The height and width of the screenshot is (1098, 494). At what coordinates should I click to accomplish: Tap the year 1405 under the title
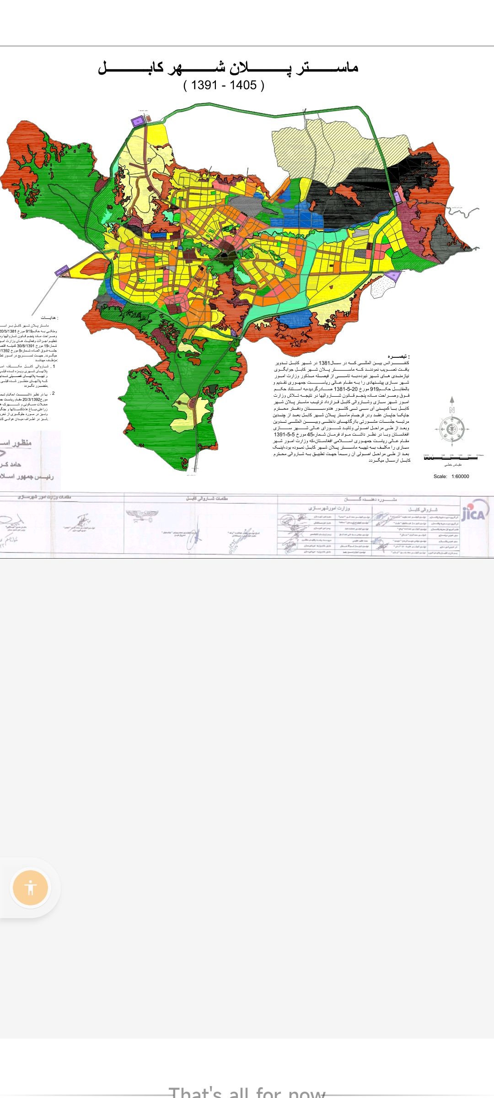click(243, 85)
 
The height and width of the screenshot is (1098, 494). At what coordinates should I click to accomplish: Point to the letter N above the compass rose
click(452, 410)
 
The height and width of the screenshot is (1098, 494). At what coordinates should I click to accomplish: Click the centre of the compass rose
click(451, 429)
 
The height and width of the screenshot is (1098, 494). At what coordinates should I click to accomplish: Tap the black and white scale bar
click(451, 457)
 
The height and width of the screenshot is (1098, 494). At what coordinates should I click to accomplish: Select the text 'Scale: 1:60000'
click(451, 476)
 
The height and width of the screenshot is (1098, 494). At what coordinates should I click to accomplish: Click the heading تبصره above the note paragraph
click(398, 356)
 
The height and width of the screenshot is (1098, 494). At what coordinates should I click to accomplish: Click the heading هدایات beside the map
click(49, 318)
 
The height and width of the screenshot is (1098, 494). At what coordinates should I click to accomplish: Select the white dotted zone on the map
click(382, 287)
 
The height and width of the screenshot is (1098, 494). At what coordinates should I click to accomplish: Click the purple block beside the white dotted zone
click(392, 275)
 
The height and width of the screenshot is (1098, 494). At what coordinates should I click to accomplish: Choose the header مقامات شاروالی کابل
click(207, 498)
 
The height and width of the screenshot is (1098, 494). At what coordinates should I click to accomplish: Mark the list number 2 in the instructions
click(53, 393)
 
